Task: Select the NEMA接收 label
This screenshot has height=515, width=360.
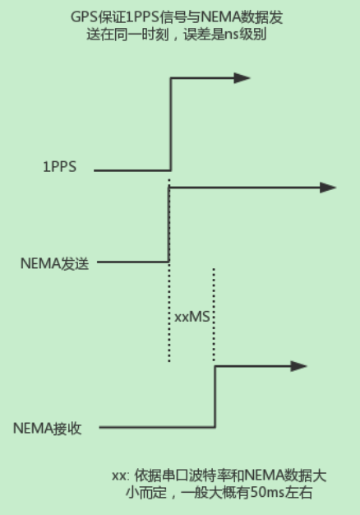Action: point(47,428)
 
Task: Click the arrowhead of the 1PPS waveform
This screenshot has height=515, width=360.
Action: point(242,78)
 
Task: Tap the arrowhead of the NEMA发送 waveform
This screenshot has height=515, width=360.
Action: point(328,188)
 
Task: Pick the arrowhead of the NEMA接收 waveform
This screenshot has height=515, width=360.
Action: point(299,366)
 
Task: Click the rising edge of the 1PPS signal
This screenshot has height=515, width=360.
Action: point(170,123)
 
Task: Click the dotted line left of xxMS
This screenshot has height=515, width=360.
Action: point(169,313)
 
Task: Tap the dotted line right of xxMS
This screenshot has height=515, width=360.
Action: point(214,313)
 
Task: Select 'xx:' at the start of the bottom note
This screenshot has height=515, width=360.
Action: point(120,476)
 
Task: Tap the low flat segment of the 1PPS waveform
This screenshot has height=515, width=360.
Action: point(132,170)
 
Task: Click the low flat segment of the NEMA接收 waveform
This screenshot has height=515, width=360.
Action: point(156,428)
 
